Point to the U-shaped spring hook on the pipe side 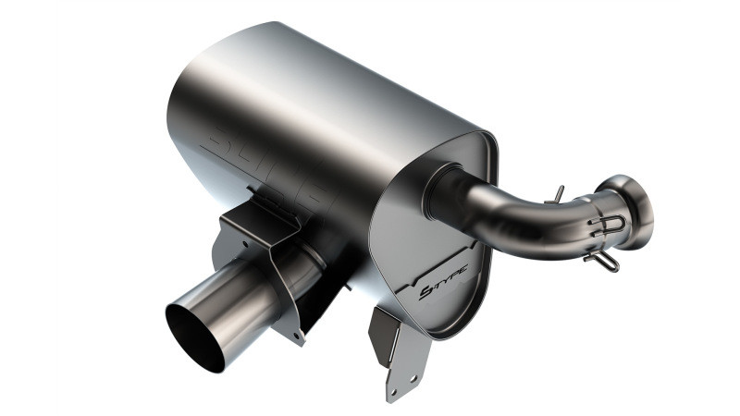[x=610, y=224]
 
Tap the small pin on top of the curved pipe [x=557, y=193]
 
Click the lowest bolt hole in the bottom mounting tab [x=392, y=394]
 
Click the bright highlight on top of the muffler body [x=277, y=55]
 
